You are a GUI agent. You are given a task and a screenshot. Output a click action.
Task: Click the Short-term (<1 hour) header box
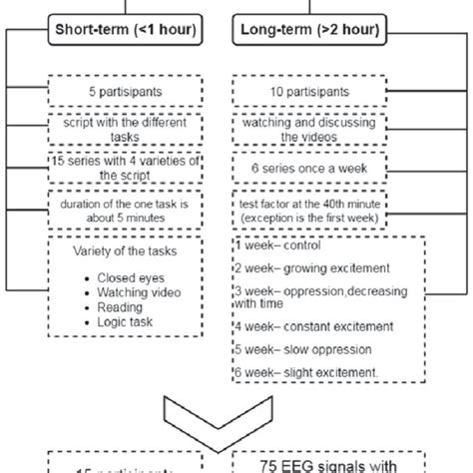(126, 32)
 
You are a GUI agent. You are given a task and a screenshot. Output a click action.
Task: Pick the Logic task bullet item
(131, 325)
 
